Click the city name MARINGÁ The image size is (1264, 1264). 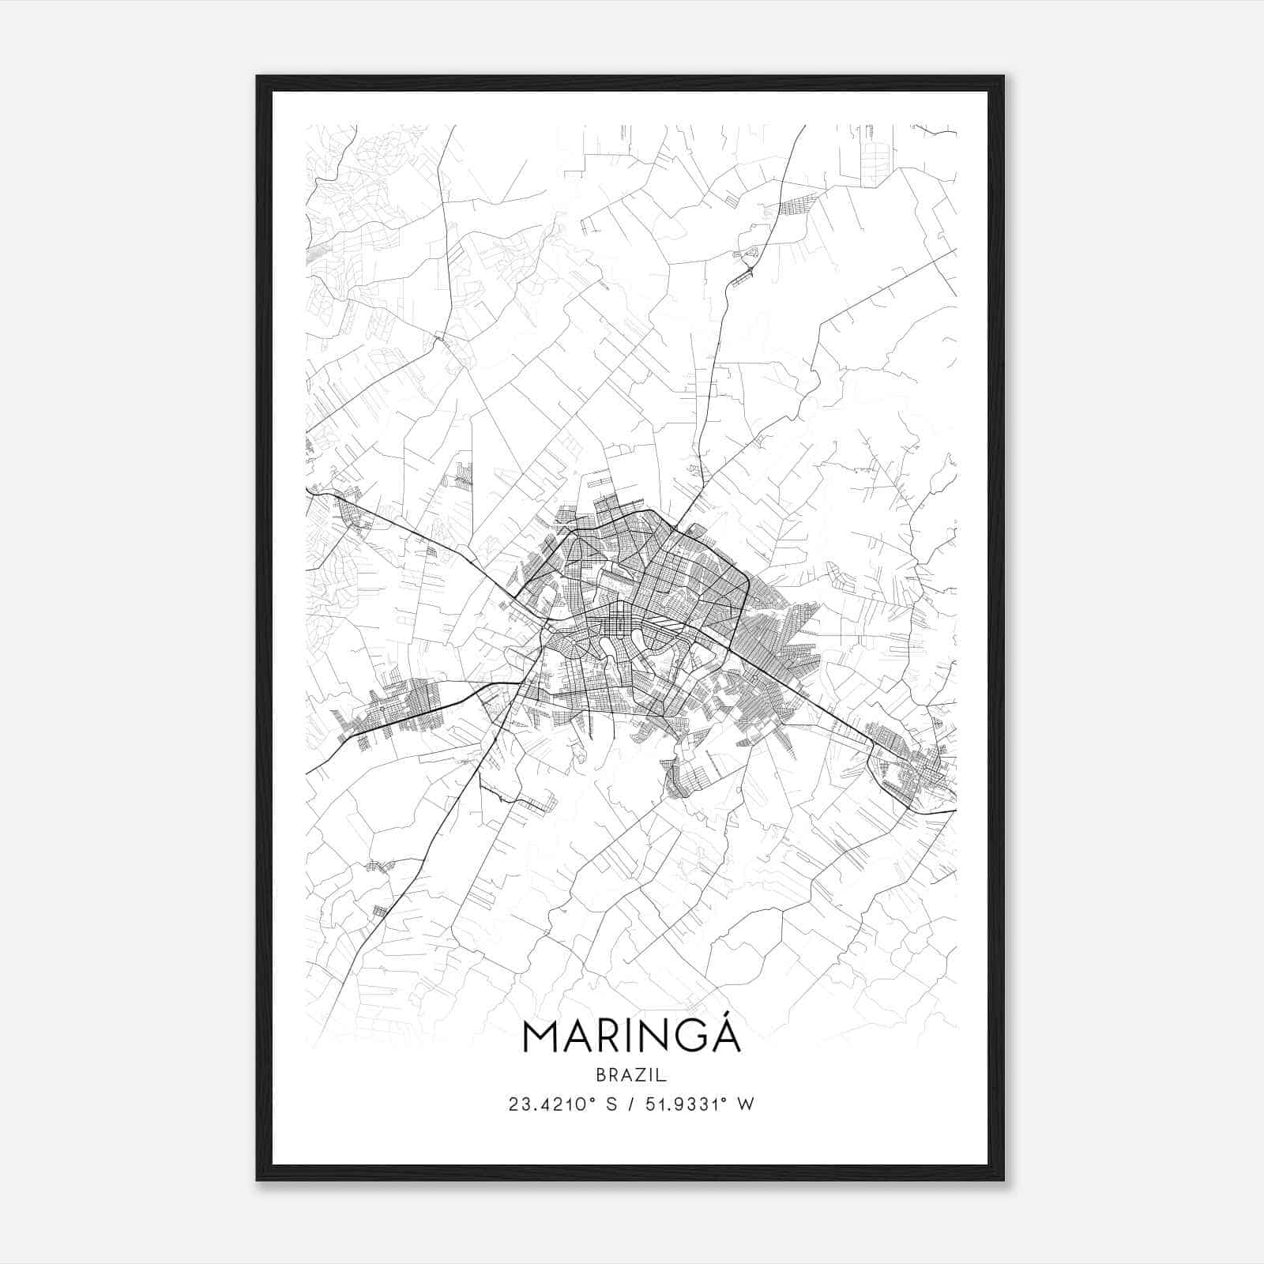point(631,1037)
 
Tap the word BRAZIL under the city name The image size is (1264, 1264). point(631,1075)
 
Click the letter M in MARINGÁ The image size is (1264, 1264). point(541,1038)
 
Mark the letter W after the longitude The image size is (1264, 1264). point(746,1104)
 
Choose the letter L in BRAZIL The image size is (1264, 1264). point(664,1075)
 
